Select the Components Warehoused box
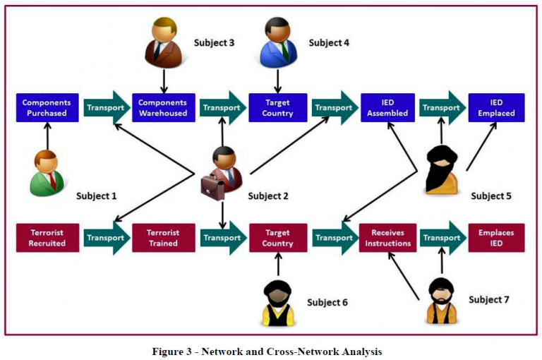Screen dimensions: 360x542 tap(162, 108)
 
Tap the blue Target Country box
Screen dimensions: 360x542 tap(277, 108)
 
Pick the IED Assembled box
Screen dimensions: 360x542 tap(387, 108)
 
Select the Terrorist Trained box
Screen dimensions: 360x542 tap(162, 238)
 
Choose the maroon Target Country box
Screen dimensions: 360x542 tap(277, 238)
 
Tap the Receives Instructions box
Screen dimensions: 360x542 tap(387, 238)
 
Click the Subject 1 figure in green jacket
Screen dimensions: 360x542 tap(47, 173)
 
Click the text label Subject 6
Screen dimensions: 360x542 tap(327, 303)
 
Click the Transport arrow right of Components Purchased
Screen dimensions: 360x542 tap(106, 108)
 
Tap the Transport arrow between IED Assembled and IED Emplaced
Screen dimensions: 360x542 tap(443, 108)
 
